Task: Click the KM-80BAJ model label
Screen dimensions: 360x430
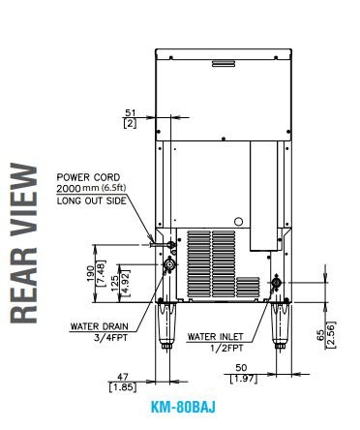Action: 183,407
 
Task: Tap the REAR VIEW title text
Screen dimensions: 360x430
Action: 24,243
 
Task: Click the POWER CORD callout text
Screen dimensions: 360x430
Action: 88,177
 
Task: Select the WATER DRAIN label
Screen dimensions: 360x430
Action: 99,326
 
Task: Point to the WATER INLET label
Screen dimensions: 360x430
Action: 215,337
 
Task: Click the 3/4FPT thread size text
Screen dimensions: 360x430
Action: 110,338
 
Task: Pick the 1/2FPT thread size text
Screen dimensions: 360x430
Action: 226,348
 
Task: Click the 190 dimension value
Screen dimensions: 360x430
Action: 91,273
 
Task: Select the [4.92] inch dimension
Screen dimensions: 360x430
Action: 125,283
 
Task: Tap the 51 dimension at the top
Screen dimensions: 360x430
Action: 131,113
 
